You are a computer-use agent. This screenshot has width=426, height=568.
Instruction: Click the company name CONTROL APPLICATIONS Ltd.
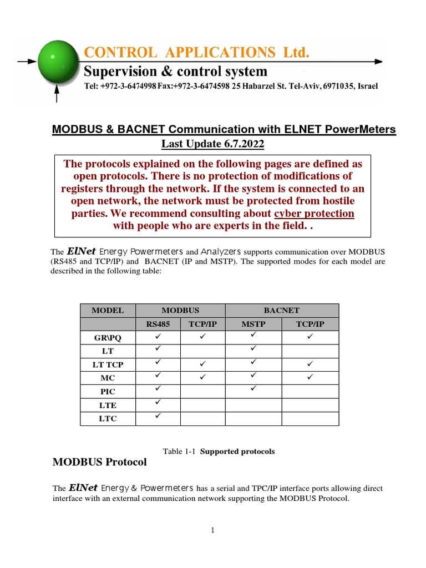[196, 53]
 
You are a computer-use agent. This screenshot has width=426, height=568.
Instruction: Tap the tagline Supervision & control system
[175, 72]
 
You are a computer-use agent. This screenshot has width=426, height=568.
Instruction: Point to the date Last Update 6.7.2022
[212, 144]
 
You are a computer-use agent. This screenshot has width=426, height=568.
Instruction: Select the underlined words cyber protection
[314, 214]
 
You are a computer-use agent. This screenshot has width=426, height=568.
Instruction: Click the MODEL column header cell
[108, 311]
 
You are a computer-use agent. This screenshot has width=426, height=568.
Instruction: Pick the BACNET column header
[282, 311]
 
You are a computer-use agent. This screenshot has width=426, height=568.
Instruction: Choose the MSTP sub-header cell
[253, 324]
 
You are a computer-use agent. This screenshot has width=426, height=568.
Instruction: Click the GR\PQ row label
[108, 337]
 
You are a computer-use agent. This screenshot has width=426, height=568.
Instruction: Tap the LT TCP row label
[108, 364]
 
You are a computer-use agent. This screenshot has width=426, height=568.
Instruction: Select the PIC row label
[108, 392]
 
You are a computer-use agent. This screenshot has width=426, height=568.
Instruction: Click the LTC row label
[108, 419]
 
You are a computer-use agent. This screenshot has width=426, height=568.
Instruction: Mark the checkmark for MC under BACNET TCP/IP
[310, 377]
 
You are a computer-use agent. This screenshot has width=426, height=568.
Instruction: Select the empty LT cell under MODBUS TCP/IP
[203, 351]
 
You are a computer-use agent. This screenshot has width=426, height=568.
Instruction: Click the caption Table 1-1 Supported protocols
[219, 451]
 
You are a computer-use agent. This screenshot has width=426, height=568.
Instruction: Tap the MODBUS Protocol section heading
[99, 462]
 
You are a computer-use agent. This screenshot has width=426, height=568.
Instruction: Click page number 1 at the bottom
[212, 530]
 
